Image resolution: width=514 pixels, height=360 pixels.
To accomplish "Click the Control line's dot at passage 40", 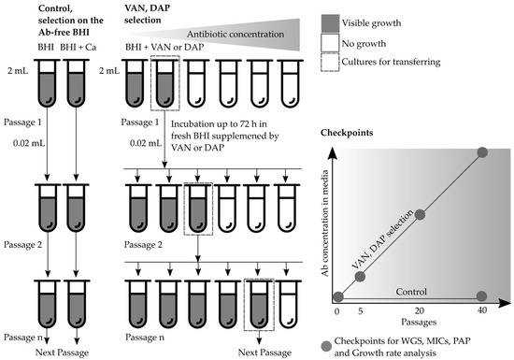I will coord(482,296).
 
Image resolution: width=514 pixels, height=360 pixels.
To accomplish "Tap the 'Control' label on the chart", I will coord(419,291).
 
